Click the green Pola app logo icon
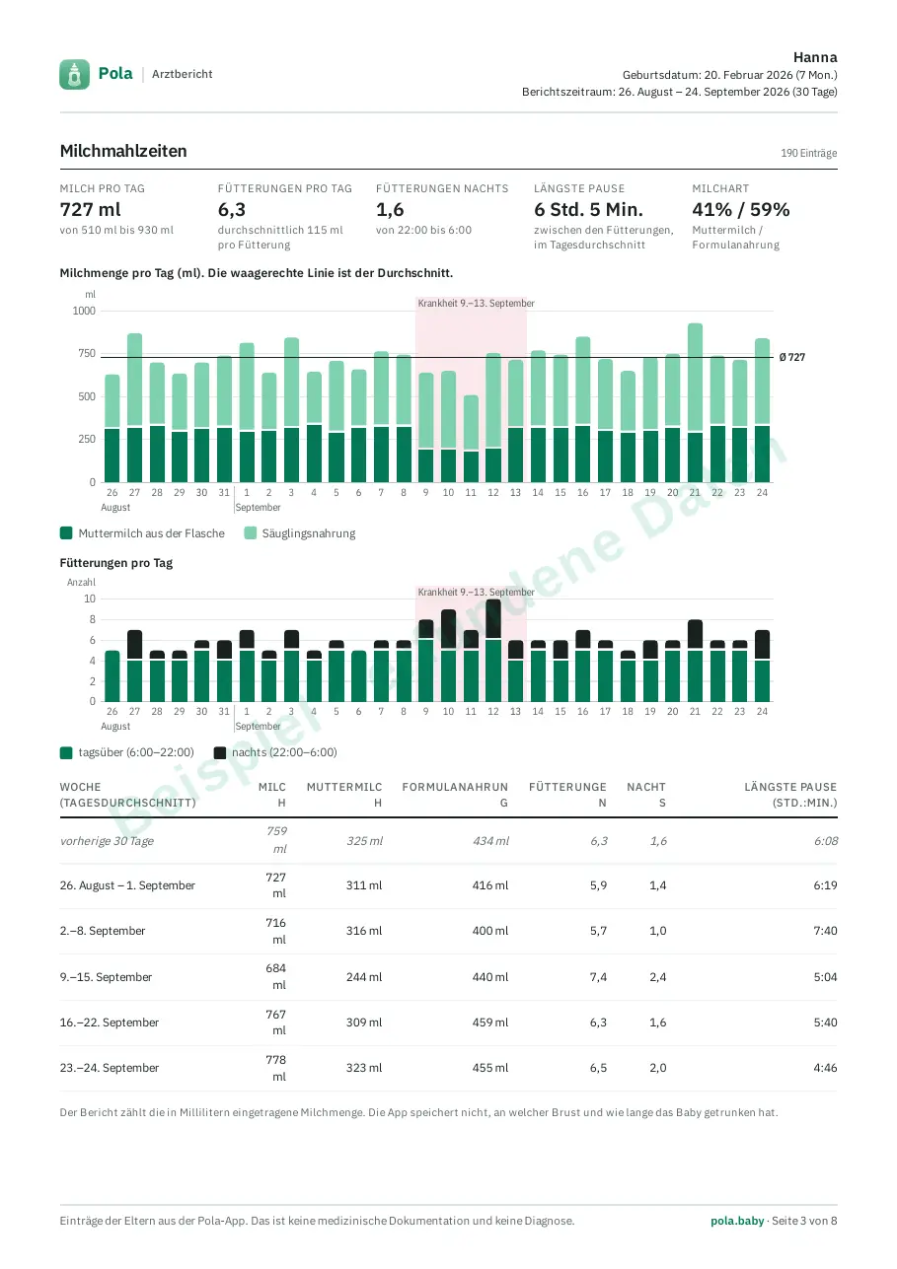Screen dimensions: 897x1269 (x=74, y=74)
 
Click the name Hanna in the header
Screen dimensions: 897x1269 (x=815, y=57)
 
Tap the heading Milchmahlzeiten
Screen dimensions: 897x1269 (x=123, y=151)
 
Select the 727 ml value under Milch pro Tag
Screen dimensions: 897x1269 (x=90, y=210)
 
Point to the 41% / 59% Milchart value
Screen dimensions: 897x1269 (x=740, y=210)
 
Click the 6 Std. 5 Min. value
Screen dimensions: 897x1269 (x=588, y=210)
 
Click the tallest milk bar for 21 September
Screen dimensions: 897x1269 (x=695, y=403)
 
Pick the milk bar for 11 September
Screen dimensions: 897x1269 (x=471, y=439)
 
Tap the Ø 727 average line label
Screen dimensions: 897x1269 (x=791, y=357)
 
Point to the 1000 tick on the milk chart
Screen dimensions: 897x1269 (x=84, y=311)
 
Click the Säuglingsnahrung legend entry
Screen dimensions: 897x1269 (x=300, y=533)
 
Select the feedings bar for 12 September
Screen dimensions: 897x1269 (x=493, y=651)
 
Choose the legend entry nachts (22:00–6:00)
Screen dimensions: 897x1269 (x=275, y=752)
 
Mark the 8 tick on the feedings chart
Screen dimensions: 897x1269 (x=93, y=619)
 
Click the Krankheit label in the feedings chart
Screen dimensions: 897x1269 (x=476, y=592)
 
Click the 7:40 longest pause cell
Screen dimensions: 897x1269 (x=825, y=930)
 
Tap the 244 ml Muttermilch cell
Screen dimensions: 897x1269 (x=364, y=977)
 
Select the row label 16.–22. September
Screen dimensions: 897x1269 (x=110, y=1022)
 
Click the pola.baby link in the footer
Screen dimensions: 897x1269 (x=737, y=1221)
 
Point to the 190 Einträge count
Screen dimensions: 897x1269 (x=808, y=153)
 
